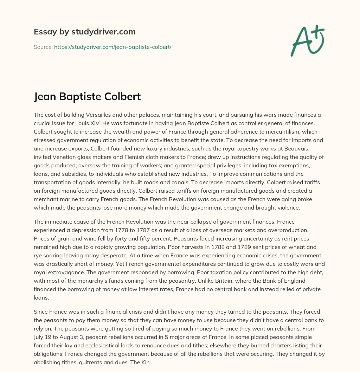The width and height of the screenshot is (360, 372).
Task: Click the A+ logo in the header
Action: pyautogui.click(x=307, y=40)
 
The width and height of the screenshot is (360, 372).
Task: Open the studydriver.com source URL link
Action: pyautogui.click(x=112, y=47)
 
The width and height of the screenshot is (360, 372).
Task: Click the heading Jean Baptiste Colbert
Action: pyautogui.click(x=87, y=96)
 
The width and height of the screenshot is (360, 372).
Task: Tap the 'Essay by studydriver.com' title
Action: pyautogui.click(x=84, y=32)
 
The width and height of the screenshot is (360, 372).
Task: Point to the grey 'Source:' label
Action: pyautogui.click(x=43, y=47)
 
